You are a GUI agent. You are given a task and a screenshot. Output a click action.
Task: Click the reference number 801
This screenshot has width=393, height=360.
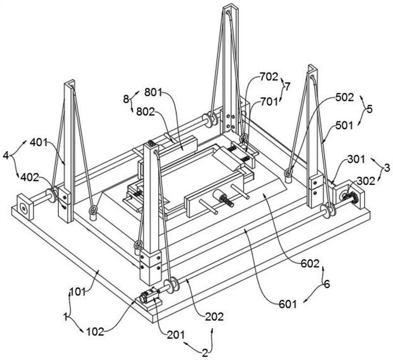(153, 93)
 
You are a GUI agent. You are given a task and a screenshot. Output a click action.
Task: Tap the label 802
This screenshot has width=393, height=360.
(145, 112)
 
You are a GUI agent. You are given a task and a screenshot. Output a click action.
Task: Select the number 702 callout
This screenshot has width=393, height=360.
(269, 77)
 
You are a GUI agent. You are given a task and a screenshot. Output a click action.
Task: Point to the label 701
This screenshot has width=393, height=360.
(269, 102)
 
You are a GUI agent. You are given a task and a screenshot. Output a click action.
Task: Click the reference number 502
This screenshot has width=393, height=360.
(344, 97)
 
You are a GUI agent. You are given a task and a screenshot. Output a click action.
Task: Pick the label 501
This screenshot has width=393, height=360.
(344, 125)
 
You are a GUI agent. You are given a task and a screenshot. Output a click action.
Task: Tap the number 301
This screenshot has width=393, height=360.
(356, 159)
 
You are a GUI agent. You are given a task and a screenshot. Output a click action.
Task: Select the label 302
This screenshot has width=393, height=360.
(365, 181)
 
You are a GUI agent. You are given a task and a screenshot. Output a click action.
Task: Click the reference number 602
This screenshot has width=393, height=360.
(310, 263)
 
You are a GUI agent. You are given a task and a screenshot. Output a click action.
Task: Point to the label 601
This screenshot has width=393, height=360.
(288, 305)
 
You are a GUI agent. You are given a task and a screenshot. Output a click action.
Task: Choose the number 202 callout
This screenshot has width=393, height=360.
(214, 317)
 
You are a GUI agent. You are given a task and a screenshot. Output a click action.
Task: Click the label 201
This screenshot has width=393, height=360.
(176, 334)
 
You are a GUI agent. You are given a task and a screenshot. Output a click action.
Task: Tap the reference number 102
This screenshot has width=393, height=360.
(95, 332)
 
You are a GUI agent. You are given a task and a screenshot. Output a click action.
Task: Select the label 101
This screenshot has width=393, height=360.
(78, 292)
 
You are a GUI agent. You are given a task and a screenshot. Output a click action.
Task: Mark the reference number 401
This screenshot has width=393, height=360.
(39, 142)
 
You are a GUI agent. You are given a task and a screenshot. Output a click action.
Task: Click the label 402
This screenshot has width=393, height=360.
(30, 177)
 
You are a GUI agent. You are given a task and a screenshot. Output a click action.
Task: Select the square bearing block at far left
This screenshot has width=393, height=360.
(24, 207)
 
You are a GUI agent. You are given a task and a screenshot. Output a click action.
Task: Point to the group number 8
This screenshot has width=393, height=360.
(126, 99)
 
